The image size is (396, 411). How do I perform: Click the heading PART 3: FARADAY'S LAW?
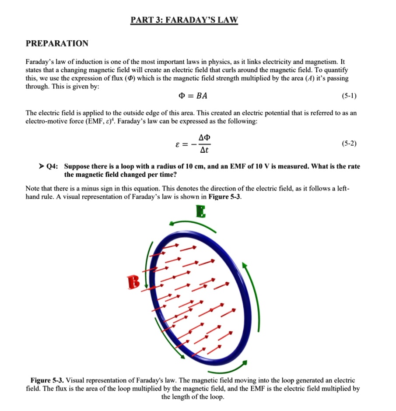184,20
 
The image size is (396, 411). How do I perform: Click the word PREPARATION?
57,43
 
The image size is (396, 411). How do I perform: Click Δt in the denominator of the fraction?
204,150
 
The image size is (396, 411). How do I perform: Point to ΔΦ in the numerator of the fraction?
204,137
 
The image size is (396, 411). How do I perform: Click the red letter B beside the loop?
133,282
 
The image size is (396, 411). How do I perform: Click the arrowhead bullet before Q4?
41,167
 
